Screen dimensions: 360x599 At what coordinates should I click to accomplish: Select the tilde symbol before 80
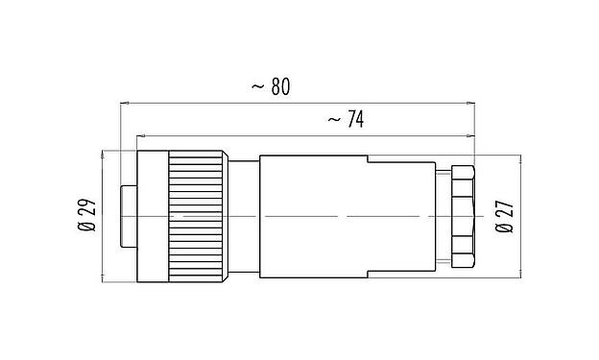pos(256,86)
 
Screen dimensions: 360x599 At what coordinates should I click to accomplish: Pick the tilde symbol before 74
pos(332,120)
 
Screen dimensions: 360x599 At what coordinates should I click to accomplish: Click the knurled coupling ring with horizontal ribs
pos(198,217)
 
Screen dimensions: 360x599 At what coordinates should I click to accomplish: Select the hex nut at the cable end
pos(463,217)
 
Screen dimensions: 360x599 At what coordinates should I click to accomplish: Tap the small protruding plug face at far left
pos(128,217)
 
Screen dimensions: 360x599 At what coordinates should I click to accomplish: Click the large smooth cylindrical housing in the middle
pos(317,217)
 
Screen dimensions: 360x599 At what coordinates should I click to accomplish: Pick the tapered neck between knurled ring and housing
pos(244,217)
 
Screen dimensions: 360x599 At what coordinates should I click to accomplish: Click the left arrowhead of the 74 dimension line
pos(142,133)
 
